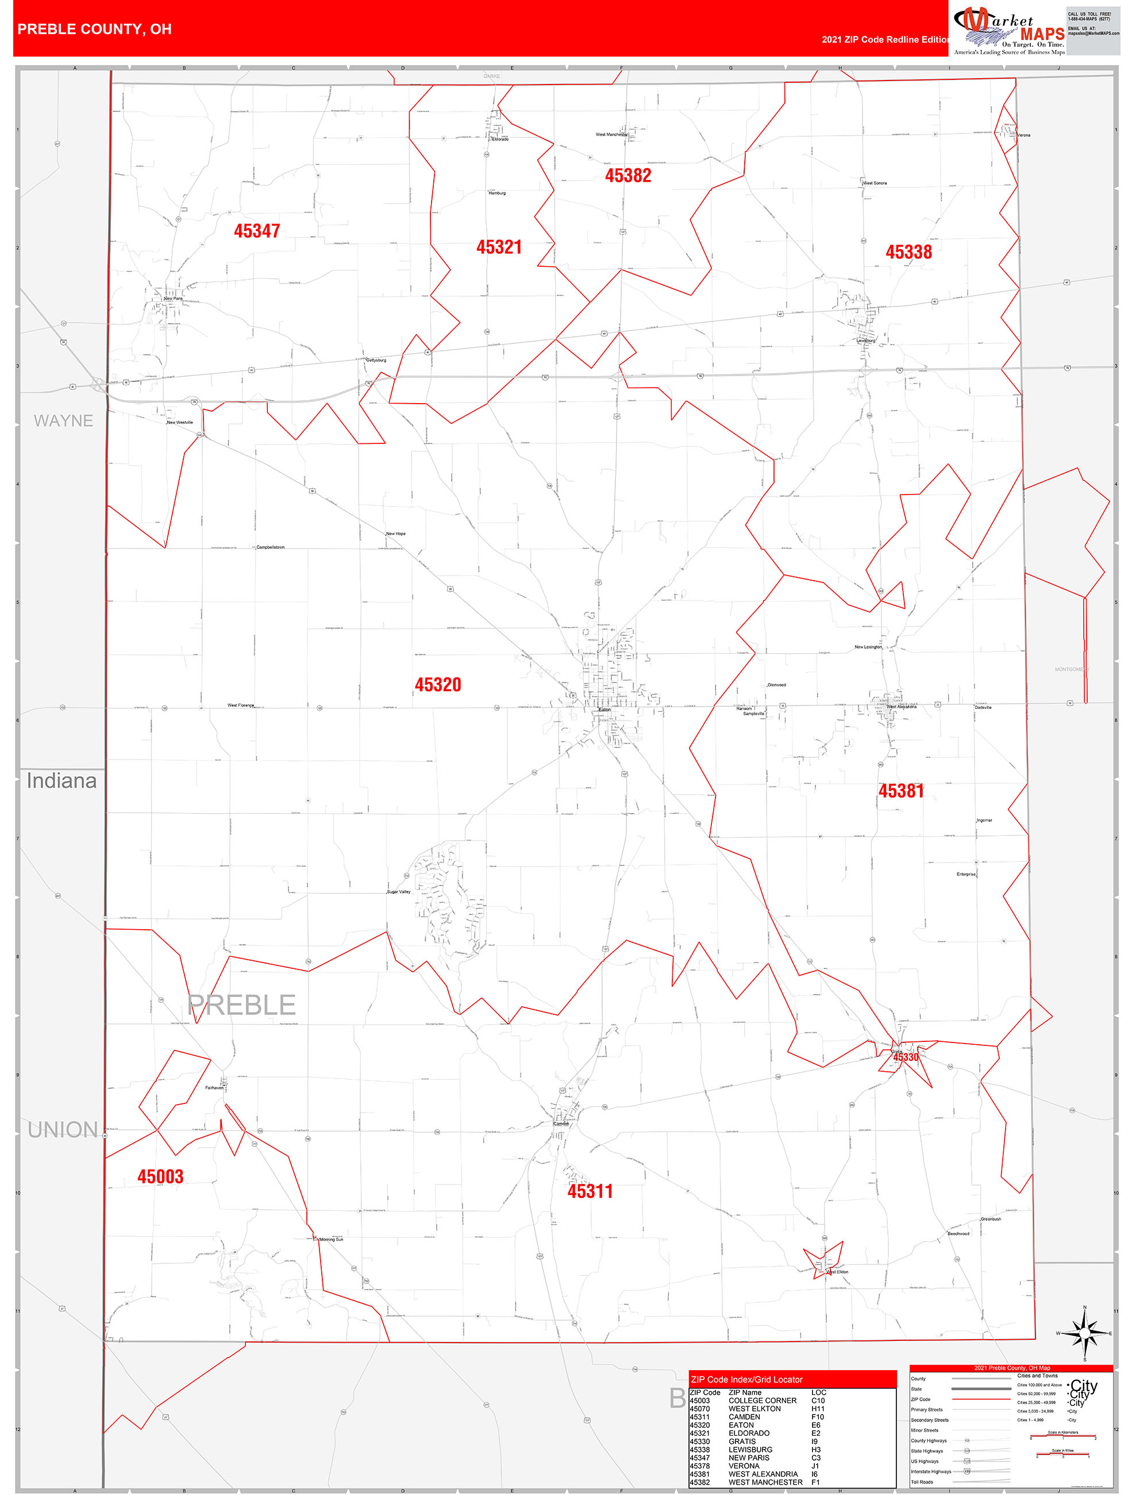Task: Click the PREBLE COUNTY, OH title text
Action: (x=95, y=29)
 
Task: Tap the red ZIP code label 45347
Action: (x=257, y=231)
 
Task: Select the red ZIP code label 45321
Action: (x=499, y=247)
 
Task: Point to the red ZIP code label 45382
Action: (x=628, y=176)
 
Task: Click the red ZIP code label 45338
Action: (x=908, y=252)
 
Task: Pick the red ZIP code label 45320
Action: (x=438, y=685)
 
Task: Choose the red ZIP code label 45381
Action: (x=901, y=791)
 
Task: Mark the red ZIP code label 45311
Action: (x=590, y=1191)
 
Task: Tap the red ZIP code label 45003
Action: (x=160, y=1176)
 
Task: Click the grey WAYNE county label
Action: (x=63, y=420)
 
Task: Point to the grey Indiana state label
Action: (x=61, y=781)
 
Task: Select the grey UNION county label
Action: (x=63, y=1130)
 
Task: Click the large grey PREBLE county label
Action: (x=242, y=1005)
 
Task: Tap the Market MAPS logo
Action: (x=1008, y=30)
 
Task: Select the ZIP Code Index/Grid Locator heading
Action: (x=746, y=1379)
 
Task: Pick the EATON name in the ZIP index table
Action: (x=741, y=1425)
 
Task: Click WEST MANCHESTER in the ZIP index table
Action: (x=765, y=1482)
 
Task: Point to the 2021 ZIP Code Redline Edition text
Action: (x=885, y=39)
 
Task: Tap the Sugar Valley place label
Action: (x=399, y=891)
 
